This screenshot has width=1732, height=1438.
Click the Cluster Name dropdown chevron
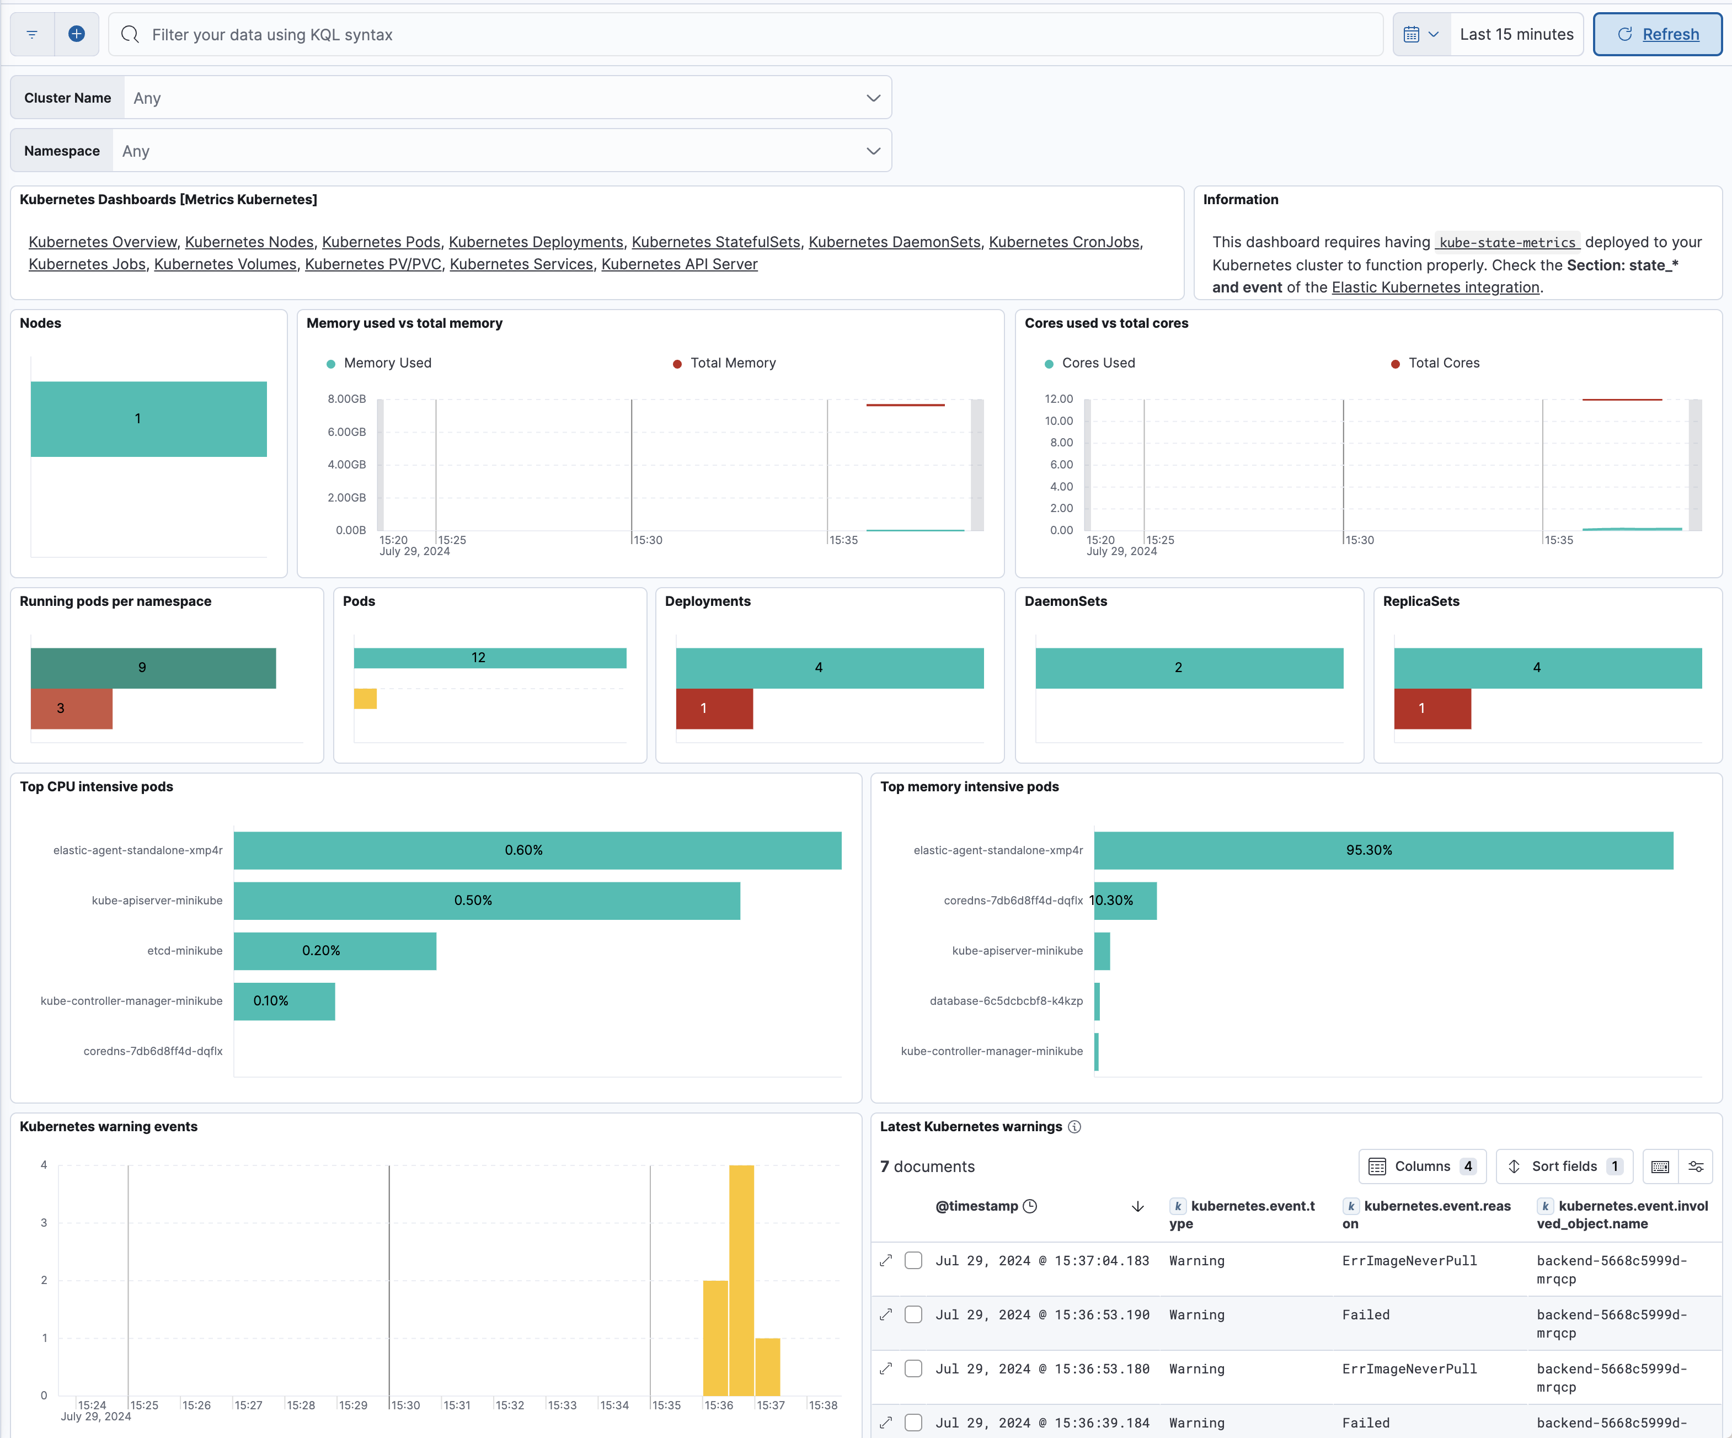[x=873, y=98]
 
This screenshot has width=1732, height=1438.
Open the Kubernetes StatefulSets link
[x=715, y=242]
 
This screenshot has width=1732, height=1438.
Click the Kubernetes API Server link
[x=679, y=264]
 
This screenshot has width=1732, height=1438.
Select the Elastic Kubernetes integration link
[x=1435, y=287]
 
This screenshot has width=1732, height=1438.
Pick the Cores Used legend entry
[x=1097, y=363]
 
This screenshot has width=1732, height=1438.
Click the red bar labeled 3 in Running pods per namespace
[x=71, y=709]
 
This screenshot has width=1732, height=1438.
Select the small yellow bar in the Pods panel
[x=365, y=699]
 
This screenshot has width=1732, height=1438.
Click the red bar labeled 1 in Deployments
[x=714, y=709]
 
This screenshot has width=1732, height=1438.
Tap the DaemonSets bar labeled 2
[x=1189, y=668]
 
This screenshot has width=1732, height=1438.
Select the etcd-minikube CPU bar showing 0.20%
[x=334, y=950]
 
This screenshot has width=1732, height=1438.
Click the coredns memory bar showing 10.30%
[x=1125, y=900]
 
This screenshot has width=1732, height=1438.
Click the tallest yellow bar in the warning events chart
[x=741, y=1279]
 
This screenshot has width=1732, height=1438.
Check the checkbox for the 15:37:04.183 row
[x=913, y=1261]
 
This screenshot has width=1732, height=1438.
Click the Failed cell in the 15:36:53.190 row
[x=1366, y=1315]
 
